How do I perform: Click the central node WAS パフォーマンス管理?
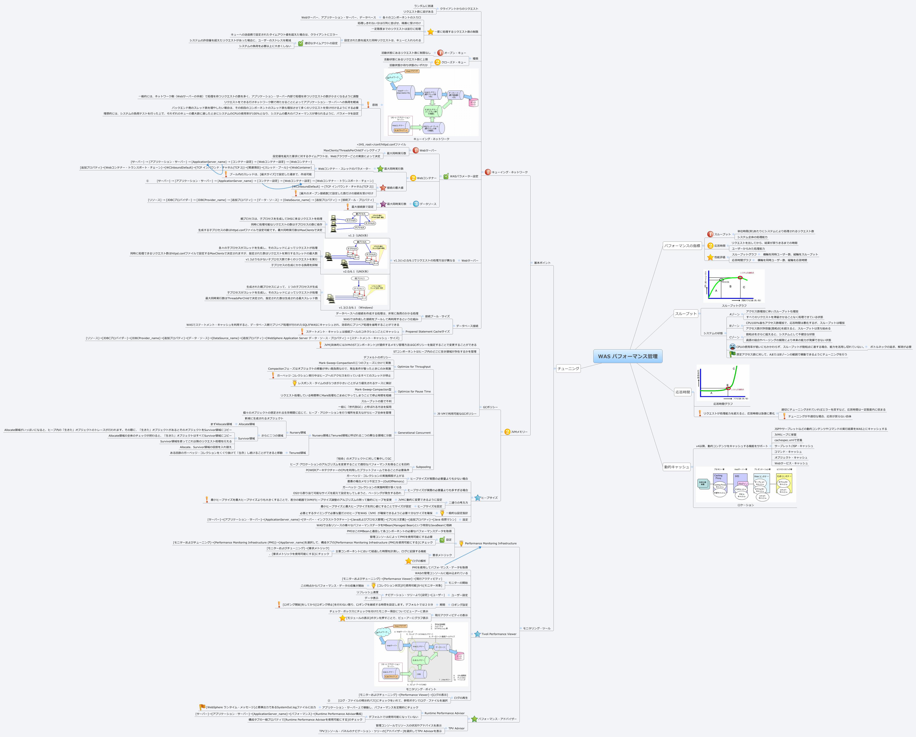click(628, 356)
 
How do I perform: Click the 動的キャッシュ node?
click(676, 467)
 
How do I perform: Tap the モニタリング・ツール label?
click(537, 628)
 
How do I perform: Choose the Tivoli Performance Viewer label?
click(499, 634)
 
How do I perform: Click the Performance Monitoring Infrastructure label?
click(491, 543)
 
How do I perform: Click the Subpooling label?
click(423, 467)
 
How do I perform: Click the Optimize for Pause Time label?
click(414, 392)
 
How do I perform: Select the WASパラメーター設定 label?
click(464, 176)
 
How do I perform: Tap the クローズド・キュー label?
click(453, 63)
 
